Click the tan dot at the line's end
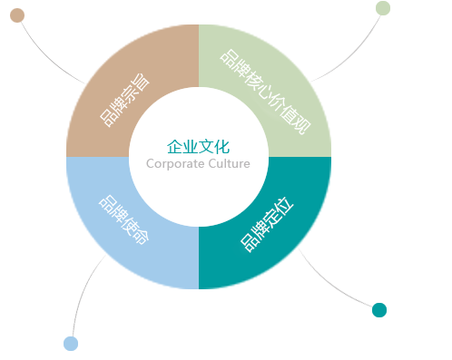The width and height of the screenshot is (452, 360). point(17,15)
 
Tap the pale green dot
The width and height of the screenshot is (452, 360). point(383,8)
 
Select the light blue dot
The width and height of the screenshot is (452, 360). point(71,344)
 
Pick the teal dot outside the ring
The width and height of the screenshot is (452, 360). point(379,310)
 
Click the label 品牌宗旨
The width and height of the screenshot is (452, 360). point(125,100)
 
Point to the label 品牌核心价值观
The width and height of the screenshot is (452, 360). point(265,92)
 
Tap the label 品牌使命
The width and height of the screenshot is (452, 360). point(123,219)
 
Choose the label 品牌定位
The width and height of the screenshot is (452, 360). point(267,225)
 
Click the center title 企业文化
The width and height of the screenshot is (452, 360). point(199,147)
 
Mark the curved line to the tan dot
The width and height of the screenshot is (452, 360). point(48,57)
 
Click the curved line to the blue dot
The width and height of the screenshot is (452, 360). point(84,290)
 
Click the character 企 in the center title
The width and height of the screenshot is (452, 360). point(175,147)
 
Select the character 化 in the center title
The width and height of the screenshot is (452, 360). point(222,147)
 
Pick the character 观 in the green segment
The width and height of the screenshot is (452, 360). point(302,125)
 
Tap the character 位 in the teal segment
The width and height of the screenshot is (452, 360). point(284,207)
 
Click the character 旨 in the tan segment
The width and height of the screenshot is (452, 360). point(141,83)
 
